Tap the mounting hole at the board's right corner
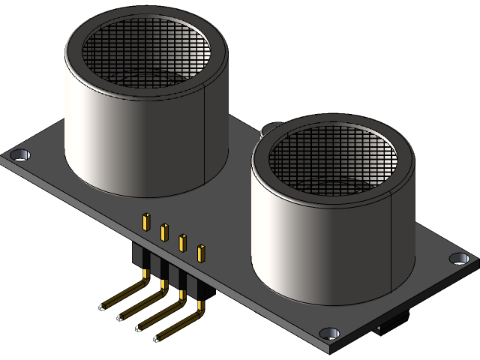[x=459, y=259]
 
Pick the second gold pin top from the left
[x=164, y=231]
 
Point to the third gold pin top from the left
[x=182, y=241]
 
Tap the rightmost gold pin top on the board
[x=200, y=252]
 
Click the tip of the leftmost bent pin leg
[x=105, y=304]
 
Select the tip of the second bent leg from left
[x=123, y=315]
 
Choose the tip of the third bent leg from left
[x=141, y=325]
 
